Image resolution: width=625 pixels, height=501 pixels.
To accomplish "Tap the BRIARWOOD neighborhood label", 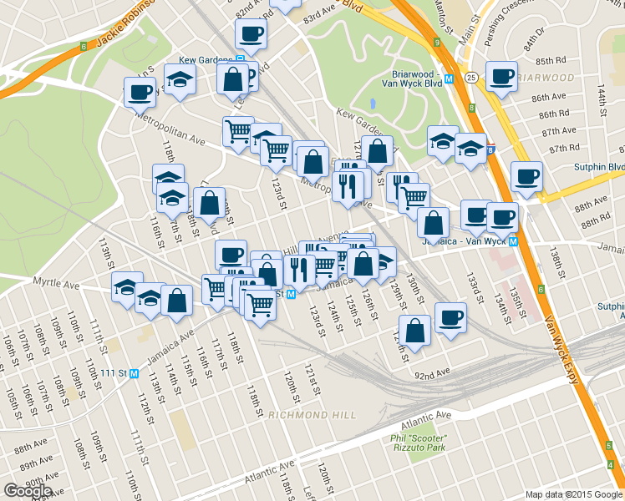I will click(545, 78).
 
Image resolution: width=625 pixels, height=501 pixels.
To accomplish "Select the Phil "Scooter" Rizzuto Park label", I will click(418, 443).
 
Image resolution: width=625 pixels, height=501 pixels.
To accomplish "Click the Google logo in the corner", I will click(28, 491).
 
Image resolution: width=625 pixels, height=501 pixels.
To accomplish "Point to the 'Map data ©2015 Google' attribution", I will click(574, 494).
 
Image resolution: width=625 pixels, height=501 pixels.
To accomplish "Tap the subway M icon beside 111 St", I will click(134, 373).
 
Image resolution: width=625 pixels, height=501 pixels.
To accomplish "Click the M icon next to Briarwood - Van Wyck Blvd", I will click(450, 79).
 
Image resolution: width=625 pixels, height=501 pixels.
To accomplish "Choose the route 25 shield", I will click(472, 78).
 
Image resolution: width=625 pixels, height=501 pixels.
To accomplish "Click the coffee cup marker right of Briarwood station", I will click(501, 77).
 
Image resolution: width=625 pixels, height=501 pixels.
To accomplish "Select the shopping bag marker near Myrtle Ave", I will click(176, 301).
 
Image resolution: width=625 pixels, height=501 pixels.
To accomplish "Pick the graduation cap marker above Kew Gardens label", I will click(180, 79).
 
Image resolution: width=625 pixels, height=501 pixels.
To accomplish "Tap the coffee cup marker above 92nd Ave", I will click(450, 317).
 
